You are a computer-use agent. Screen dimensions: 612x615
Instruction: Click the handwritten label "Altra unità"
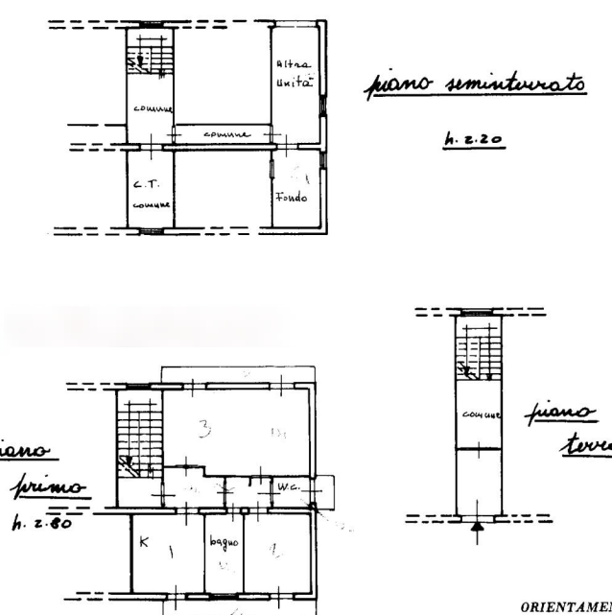coord(292,74)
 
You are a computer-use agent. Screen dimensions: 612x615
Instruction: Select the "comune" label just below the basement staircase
coord(151,107)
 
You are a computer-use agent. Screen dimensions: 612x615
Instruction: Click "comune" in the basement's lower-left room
coord(150,204)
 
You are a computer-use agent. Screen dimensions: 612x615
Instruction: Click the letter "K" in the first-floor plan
coord(142,544)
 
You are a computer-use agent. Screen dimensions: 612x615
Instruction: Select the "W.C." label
coord(288,487)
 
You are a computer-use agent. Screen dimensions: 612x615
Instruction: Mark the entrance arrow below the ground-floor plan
coord(476,524)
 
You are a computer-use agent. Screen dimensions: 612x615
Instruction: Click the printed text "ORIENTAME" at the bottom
coord(566,607)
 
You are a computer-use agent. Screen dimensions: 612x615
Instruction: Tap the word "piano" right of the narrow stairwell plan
coord(557,414)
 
